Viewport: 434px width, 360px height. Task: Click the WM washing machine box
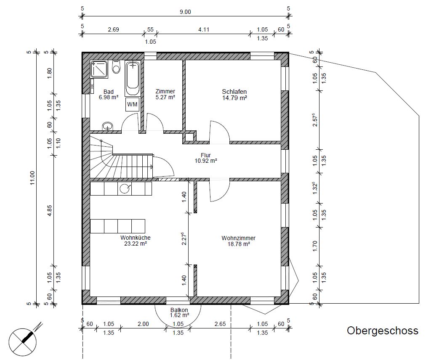pyautogui.click(x=132, y=105)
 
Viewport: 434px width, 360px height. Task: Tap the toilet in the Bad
pyautogui.click(x=116, y=67)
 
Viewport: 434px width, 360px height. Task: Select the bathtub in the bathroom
pyautogui.click(x=133, y=78)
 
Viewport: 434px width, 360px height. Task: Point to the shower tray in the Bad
pyautogui.click(x=99, y=69)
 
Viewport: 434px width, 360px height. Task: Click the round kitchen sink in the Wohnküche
pyautogui.click(x=125, y=188)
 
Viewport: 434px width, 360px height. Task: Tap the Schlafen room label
pyautogui.click(x=234, y=92)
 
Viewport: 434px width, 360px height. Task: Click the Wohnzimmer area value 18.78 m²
pyautogui.click(x=238, y=244)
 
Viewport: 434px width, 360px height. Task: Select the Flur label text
pyautogui.click(x=206, y=155)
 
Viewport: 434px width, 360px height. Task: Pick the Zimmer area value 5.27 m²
pyautogui.click(x=165, y=97)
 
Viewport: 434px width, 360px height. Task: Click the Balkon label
pyautogui.click(x=179, y=310)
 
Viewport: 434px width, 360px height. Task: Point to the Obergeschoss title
pyautogui.click(x=383, y=331)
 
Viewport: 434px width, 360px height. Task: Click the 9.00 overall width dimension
pyautogui.click(x=185, y=12)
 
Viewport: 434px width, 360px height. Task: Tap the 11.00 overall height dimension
pyautogui.click(x=32, y=178)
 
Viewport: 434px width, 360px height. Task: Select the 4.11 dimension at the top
pyautogui.click(x=204, y=29)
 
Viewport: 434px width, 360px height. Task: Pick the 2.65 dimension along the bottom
pyautogui.click(x=220, y=324)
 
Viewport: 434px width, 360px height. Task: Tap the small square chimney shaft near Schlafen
pyautogui.click(x=189, y=138)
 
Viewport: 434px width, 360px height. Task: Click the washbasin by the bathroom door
pyautogui.click(x=108, y=126)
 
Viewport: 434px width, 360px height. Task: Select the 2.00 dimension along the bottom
pyautogui.click(x=143, y=324)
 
